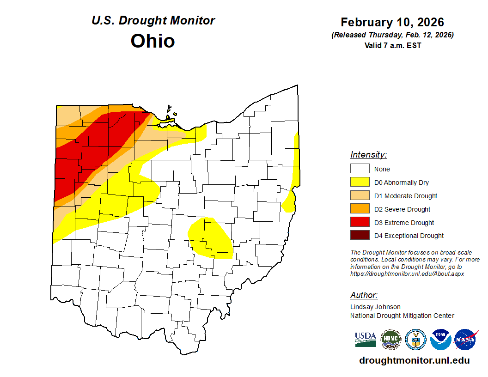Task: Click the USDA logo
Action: point(365,339)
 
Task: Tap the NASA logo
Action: point(466,339)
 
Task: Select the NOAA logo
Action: point(440,339)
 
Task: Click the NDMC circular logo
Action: point(390,339)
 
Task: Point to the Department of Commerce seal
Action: point(415,339)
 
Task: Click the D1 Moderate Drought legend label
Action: point(405,196)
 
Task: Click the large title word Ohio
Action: point(152,41)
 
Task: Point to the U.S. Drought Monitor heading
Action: point(153,20)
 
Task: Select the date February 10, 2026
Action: point(392,22)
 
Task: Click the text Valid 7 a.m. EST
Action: point(392,45)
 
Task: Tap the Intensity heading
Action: point(368,155)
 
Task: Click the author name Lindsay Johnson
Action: point(375,307)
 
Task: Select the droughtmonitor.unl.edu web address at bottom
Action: point(414,360)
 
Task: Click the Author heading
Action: point(364,295)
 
